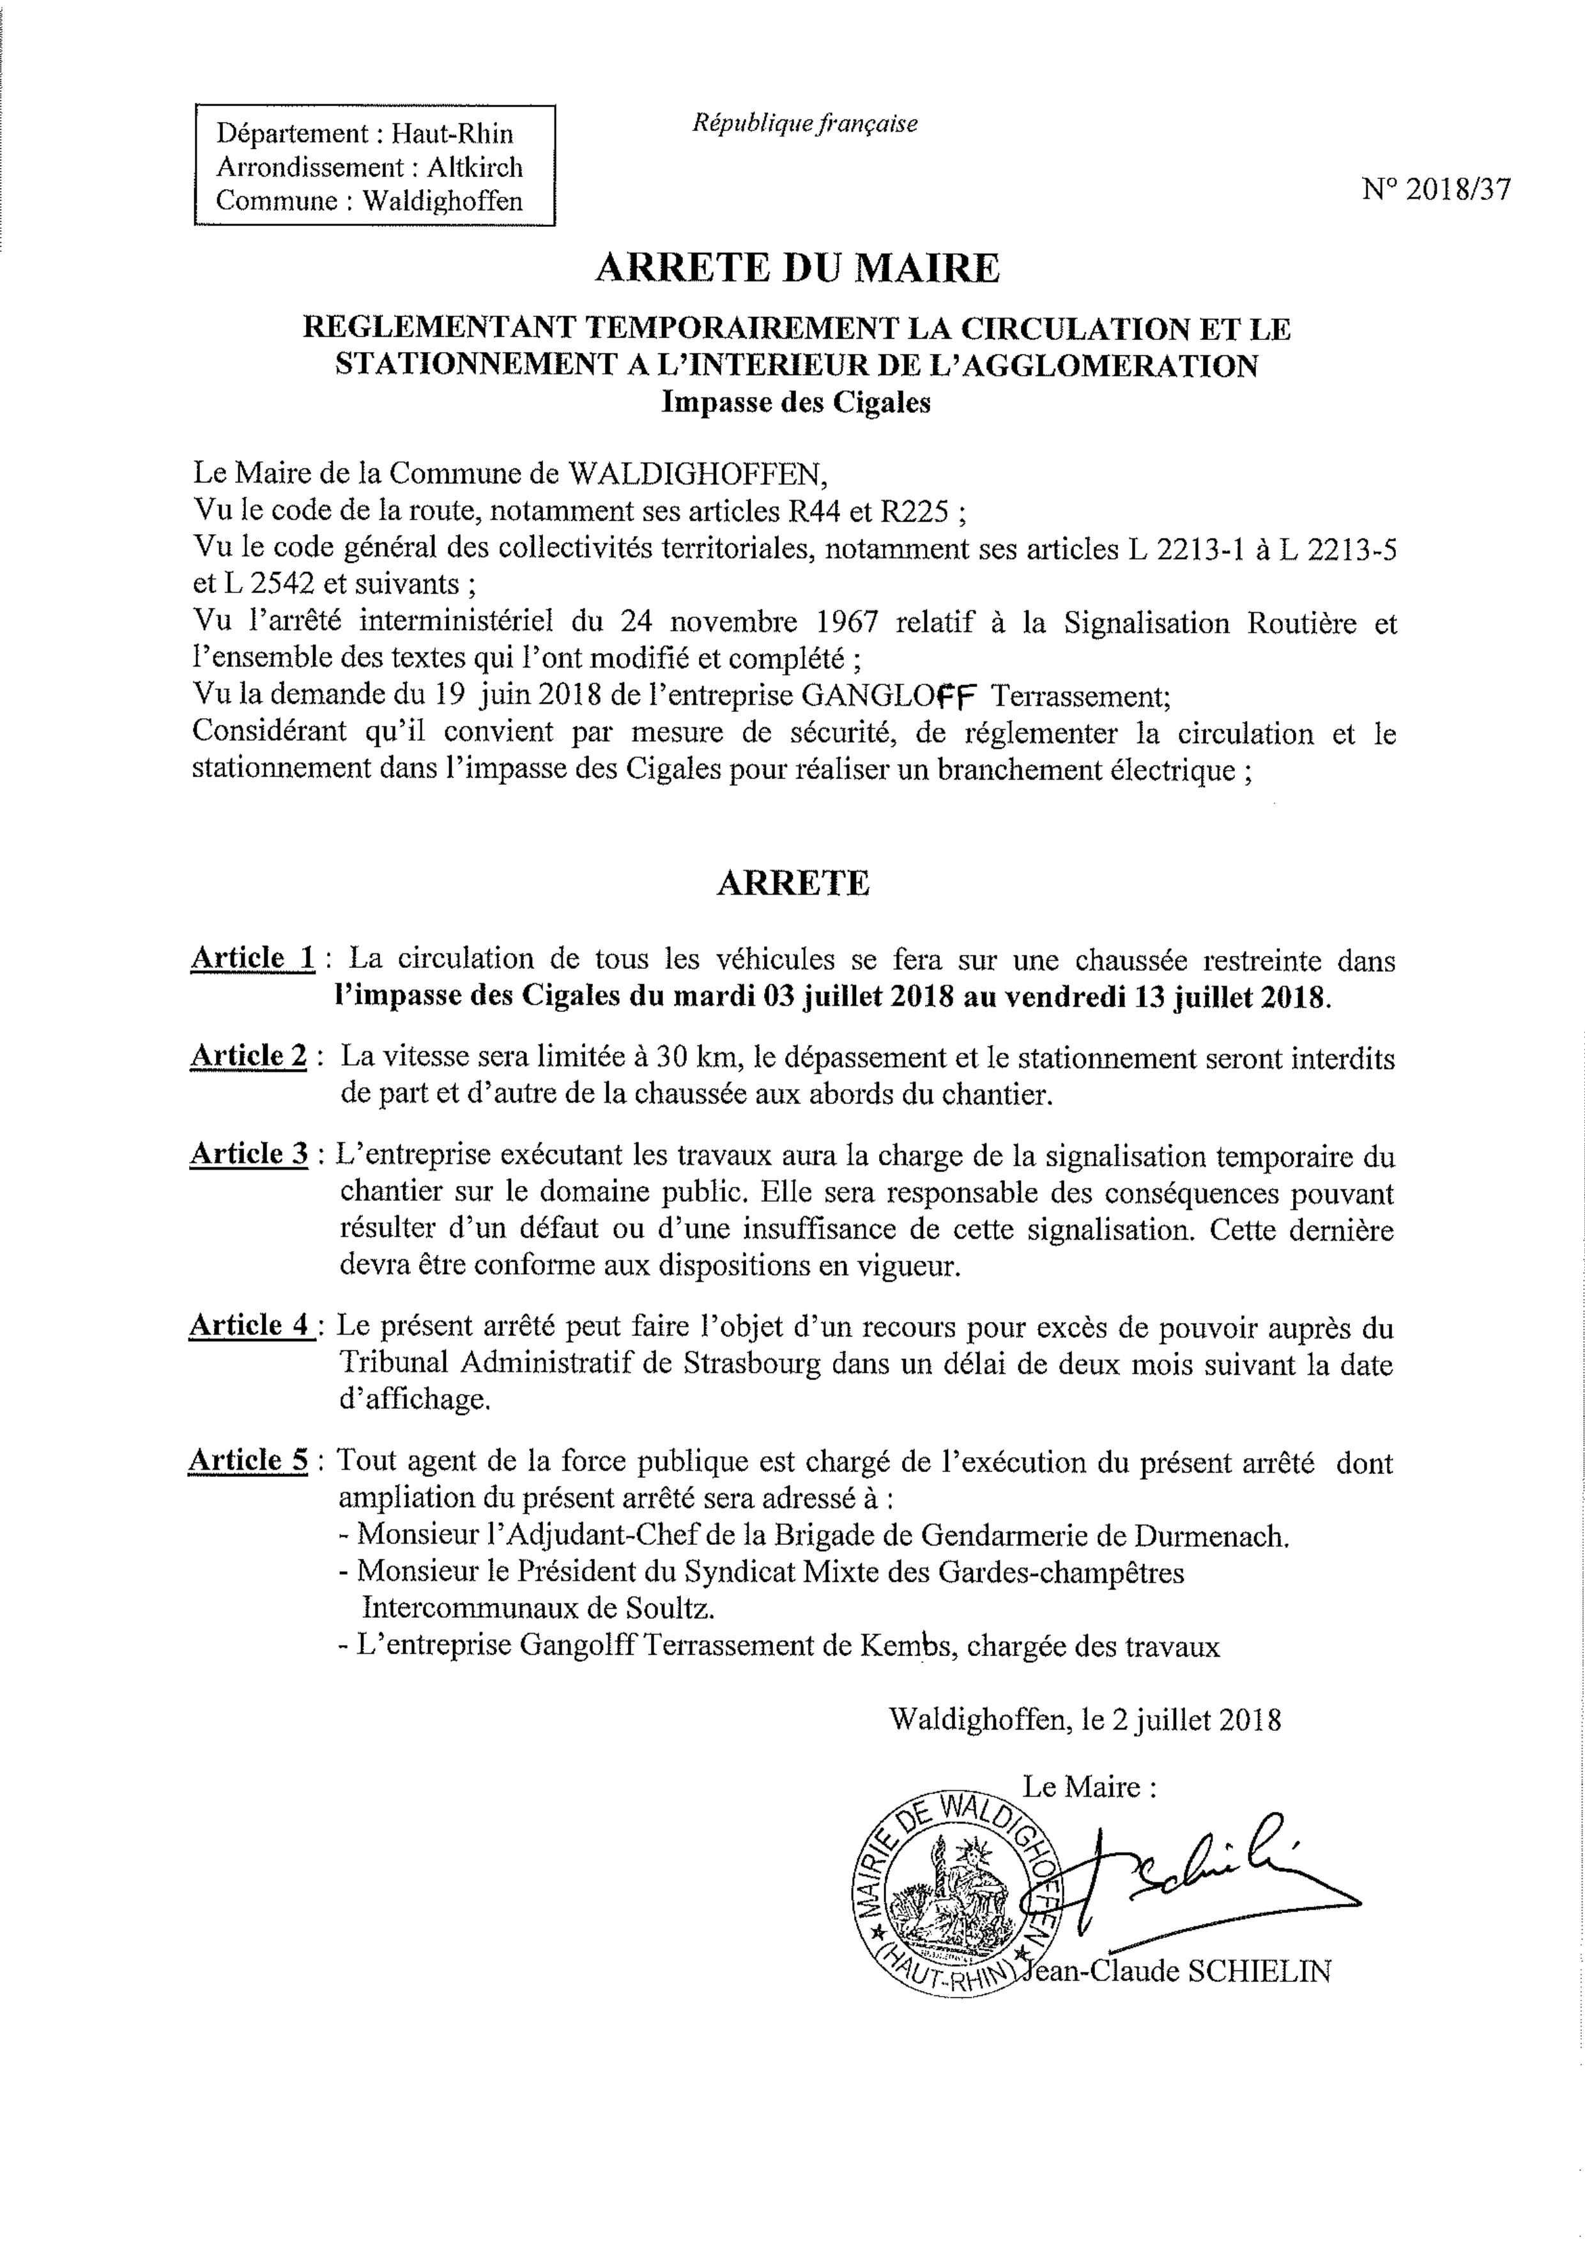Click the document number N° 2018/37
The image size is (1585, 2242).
tap(1436, 189)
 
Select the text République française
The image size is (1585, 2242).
tap(805, 124)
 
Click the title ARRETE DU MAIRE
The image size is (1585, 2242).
tap(797, 268)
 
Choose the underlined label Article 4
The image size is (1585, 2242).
tap(250, 1326)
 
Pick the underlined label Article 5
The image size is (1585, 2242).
tap(248, 1460)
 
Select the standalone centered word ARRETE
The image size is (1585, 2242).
tap(792, 883)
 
